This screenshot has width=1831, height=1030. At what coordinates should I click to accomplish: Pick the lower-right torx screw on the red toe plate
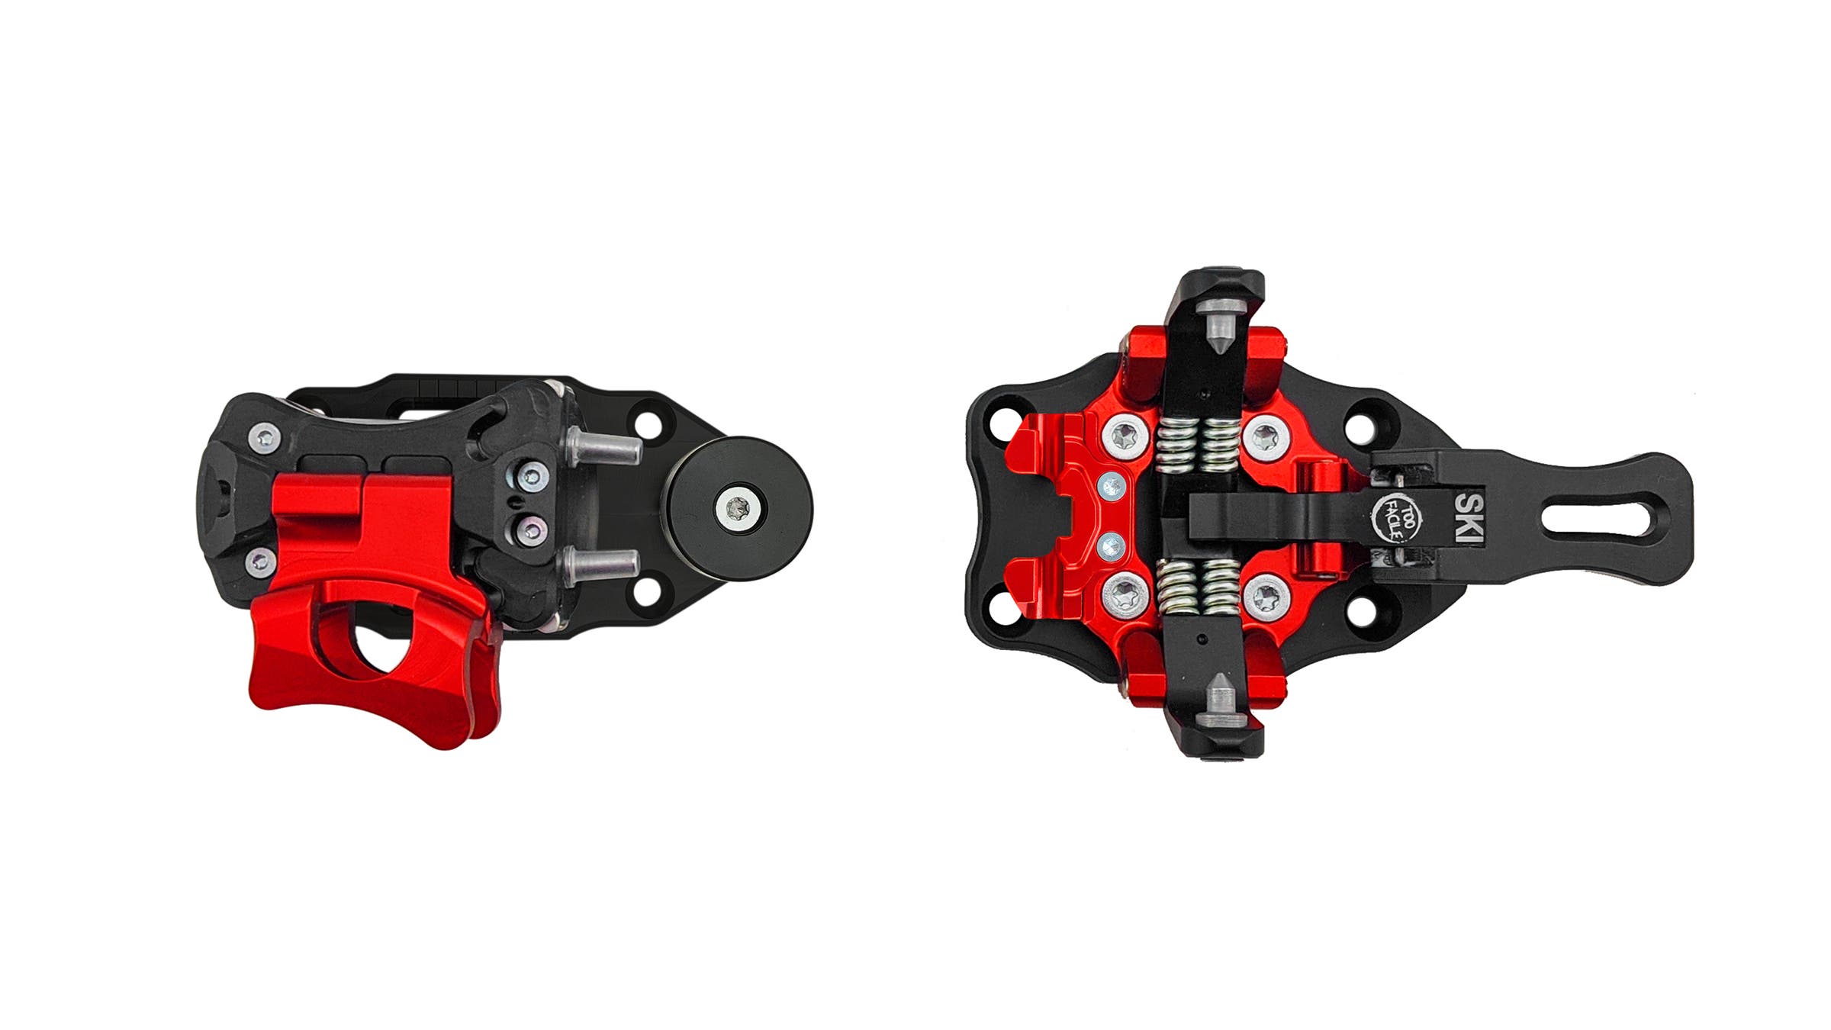[x=1266, y=594]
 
